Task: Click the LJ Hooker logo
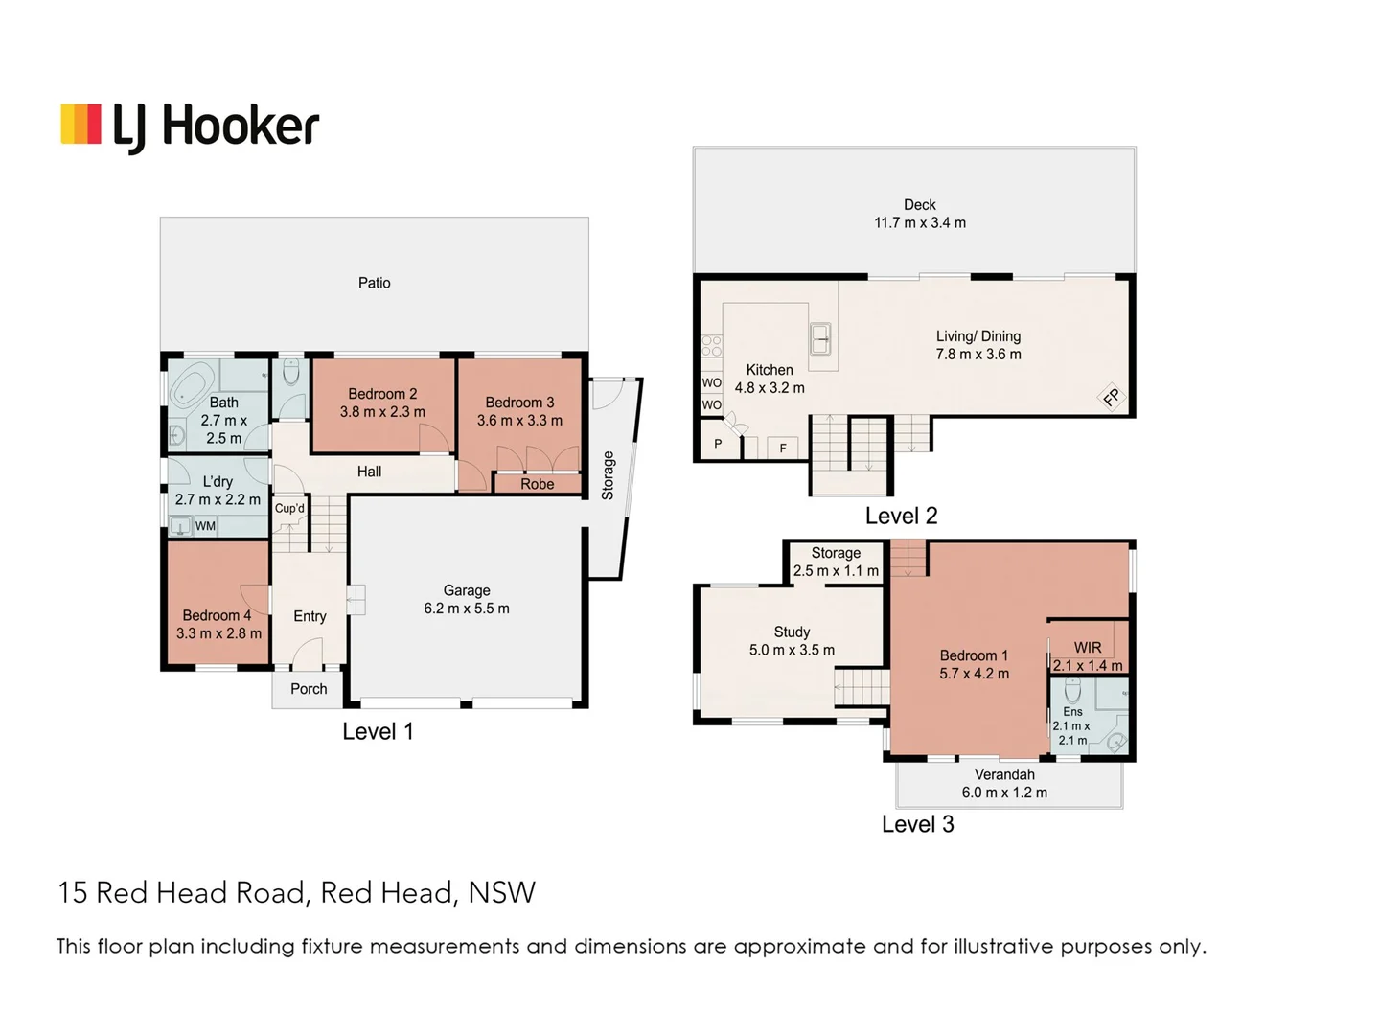190,126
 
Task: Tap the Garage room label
467,590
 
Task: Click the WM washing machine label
205,526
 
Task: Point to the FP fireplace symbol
1112,397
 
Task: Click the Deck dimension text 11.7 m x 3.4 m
920,222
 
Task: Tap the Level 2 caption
901,516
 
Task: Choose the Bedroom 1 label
974,655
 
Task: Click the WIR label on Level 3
1088,648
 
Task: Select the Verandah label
1004,774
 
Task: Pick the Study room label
792,632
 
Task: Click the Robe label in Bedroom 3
538,484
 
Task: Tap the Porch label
309,688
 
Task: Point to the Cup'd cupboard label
289,508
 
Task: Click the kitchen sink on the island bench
821,338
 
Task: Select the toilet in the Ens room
1073,690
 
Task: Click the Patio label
374,283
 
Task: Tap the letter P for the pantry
718,444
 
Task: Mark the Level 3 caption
917,824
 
